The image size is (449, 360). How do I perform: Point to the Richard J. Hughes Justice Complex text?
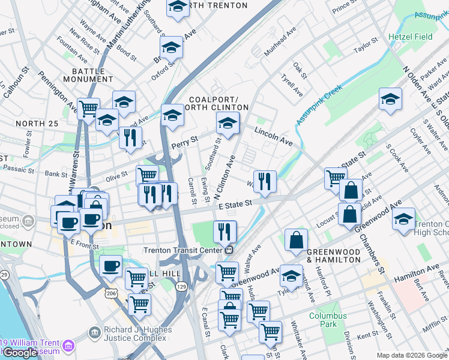[x=137, y=334]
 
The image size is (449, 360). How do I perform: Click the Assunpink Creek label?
[x=318, y=104]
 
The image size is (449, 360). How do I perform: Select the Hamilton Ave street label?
[x=417, y=275]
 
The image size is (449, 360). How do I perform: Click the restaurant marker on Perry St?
[x=130, y=138]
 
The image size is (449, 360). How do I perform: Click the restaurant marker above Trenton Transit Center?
[x=224, y=231]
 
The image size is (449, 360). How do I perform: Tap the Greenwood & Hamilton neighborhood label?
[x=333, y=256]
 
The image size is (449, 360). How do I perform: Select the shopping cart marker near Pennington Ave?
[x=88, y=109]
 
